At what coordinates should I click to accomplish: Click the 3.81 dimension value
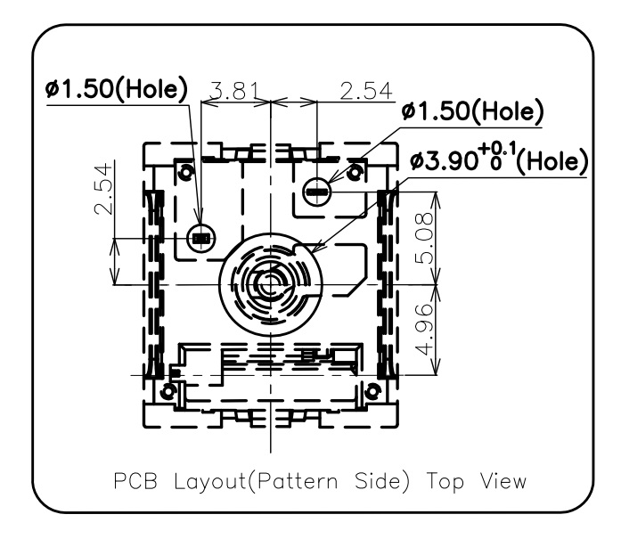click(x=234, y=90)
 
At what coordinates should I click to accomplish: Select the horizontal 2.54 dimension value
click(x=366, y=91)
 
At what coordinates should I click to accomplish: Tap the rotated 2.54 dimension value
click(x=103, y=189)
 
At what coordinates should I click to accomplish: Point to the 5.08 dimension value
click(x=425, y=238)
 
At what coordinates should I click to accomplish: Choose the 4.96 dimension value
click(x=425, y=330)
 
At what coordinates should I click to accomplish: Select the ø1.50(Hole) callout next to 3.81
click(x=116, y=88)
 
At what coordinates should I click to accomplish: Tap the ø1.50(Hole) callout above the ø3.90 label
click(x=472, y=110)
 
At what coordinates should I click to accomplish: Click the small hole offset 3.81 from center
click(x=200, y=239)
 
